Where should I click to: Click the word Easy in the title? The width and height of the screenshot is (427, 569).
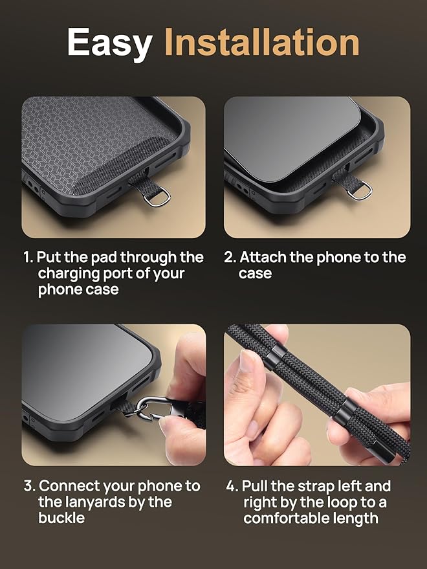(109, 42)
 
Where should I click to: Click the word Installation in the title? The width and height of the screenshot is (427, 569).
(261, 42)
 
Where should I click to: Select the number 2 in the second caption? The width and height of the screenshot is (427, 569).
(229, 258)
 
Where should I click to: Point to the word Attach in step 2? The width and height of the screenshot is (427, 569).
(263, 257)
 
